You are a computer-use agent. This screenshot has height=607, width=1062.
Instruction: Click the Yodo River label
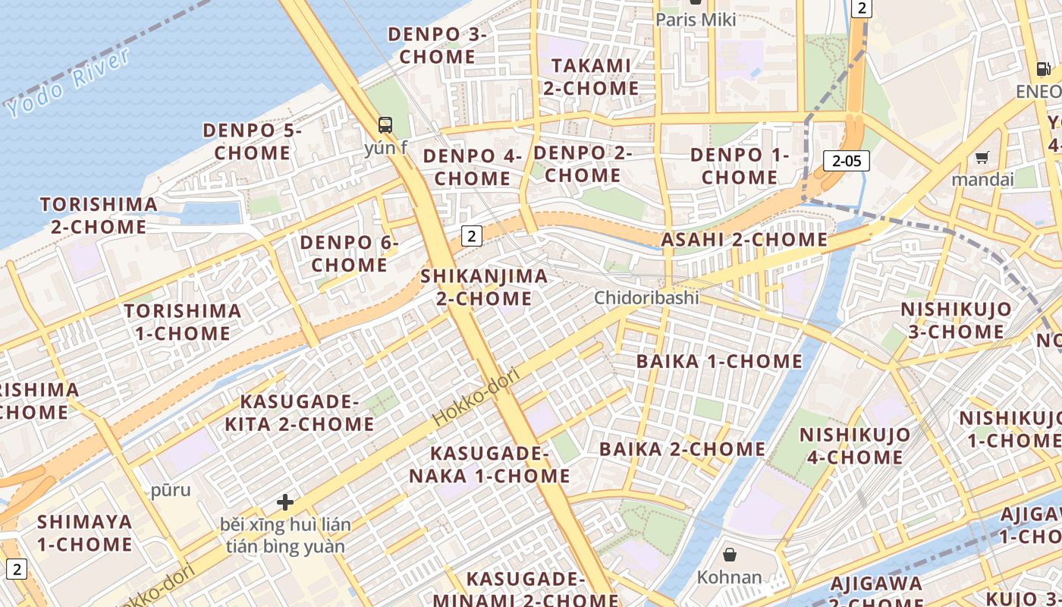click(69, 83)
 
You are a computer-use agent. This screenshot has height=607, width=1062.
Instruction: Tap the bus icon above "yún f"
click(385, 125)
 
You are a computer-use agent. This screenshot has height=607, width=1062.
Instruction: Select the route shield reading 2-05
click(846, 161)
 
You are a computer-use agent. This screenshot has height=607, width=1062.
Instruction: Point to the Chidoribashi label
click(646, 297)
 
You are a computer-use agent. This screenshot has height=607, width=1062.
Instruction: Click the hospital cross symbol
click(285, 502)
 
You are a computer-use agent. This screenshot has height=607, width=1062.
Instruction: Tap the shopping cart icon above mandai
click(982, 158)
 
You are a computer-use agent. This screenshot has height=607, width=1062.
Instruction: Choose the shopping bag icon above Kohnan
click(729, 555)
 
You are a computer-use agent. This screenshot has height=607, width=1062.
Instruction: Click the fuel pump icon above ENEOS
click(1044, 69)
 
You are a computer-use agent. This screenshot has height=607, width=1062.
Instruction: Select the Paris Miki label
click(696, 20)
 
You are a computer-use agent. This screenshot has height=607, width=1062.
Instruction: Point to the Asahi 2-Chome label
click(744, 240)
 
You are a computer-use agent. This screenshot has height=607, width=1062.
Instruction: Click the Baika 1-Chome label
click(719, 361)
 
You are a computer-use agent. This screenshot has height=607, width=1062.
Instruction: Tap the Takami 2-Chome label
click(591, 77)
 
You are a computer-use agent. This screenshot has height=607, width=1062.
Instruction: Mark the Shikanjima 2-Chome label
click(484, 287)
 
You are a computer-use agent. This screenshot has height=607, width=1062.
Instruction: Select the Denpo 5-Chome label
click(252, 141)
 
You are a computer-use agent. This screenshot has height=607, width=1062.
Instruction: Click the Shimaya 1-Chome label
click(85, 533)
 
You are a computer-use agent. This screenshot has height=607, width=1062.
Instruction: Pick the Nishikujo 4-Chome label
click(855, 445)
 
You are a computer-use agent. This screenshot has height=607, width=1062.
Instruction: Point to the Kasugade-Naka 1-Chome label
click(489, 464)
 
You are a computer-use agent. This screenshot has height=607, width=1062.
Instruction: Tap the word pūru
click(171, 490)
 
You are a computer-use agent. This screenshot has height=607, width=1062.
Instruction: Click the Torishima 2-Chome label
click(99, 215)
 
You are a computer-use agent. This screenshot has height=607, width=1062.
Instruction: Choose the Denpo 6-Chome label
click(349, 253)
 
